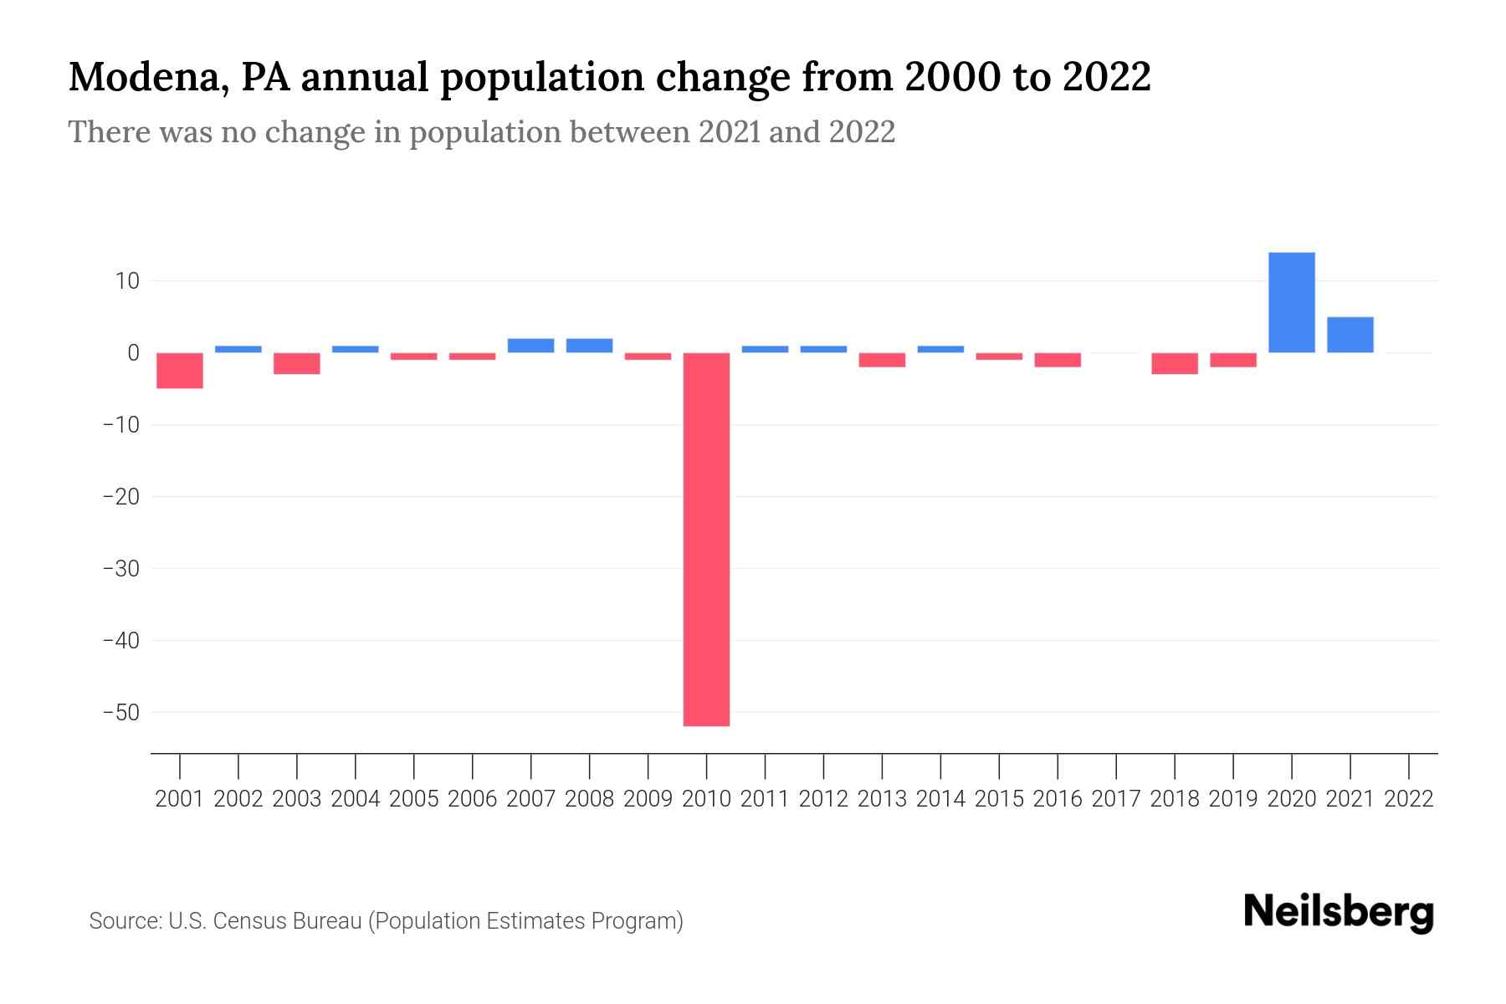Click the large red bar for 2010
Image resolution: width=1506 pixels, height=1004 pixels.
706,539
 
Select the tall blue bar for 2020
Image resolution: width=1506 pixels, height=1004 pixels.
1291,302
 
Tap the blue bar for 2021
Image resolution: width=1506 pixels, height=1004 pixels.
1350,335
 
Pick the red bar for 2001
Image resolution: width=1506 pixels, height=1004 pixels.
180,371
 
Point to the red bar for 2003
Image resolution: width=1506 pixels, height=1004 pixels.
297,363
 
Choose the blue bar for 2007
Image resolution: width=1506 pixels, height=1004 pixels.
530,346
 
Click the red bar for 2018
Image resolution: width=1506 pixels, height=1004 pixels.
1174,363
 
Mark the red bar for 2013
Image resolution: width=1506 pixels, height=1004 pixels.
882,360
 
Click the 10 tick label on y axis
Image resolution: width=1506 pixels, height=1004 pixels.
127,281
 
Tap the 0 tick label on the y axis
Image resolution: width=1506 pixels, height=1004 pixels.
133,353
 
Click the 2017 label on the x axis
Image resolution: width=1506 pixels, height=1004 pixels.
1115,799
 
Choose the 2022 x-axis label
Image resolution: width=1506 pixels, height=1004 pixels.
1408,799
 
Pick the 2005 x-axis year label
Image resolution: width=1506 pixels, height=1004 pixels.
414,799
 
